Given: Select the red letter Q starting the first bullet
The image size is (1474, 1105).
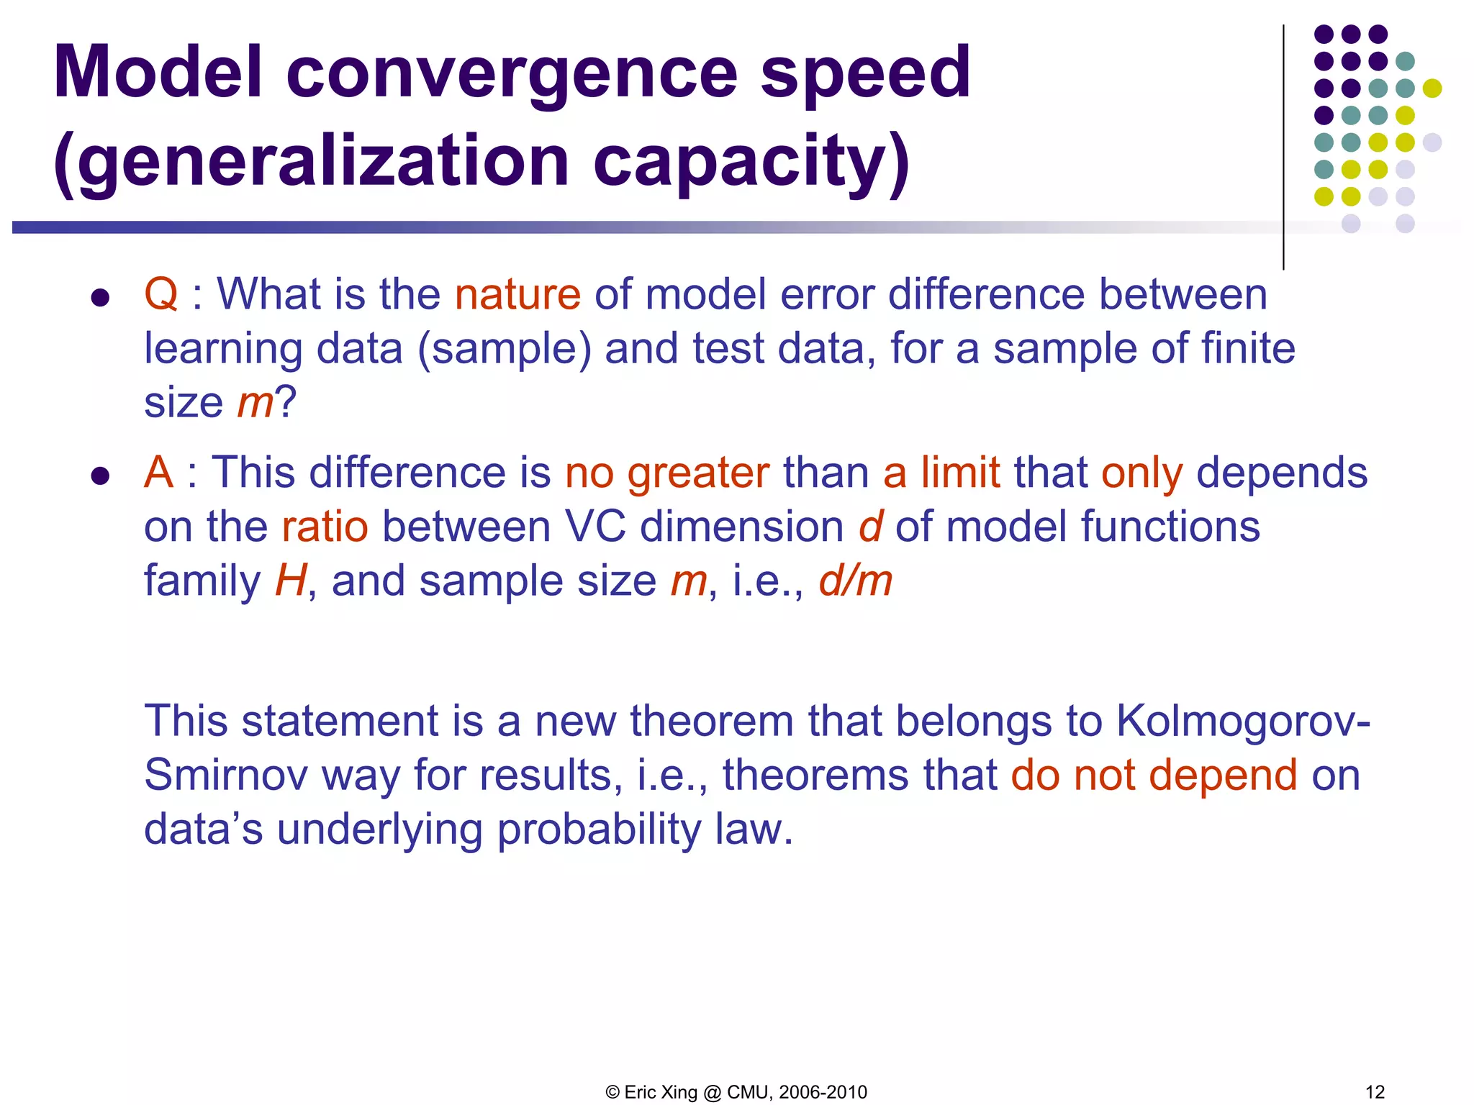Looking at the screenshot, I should (x=160, y=294).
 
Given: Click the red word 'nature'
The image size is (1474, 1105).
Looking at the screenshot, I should (x=517, y=294).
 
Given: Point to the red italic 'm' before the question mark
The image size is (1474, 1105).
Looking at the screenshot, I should (x=256, y=402).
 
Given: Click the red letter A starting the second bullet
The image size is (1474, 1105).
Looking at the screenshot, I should (x=158, y=473).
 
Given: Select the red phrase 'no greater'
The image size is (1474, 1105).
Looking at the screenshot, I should (x=667, y=473).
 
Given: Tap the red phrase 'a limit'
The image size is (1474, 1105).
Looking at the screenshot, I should (x=941, y=473).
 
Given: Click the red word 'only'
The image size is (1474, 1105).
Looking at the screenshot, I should (x=1141, y=473).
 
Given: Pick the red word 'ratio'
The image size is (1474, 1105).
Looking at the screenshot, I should (x=325, y=527).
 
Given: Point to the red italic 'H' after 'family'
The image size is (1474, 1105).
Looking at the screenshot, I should (x=291, y=581).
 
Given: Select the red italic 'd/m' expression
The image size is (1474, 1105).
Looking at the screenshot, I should (x=855, y=581).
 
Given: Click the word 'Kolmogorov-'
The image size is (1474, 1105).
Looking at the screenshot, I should (x=1243, y=721).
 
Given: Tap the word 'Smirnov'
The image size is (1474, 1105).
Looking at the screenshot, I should (x=225, y=776).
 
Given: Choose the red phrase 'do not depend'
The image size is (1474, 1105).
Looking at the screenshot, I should (x=1154, y=776).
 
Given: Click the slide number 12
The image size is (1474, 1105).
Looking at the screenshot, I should (x=1375, y=1092).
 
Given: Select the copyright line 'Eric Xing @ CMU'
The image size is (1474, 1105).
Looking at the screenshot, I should (x=736, y=1092).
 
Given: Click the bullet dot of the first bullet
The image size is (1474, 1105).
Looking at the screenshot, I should (x=100, y=297).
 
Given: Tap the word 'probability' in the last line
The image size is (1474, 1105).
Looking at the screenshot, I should (x=599, y=829).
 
